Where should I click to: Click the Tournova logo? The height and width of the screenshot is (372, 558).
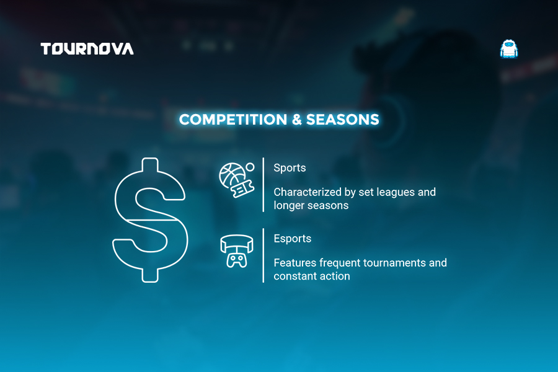87,49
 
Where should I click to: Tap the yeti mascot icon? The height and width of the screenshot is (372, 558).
509,49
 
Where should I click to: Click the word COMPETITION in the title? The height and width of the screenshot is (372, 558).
233,120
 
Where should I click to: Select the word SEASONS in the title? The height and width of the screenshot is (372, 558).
343,120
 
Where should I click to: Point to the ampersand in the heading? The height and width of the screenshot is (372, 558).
296,120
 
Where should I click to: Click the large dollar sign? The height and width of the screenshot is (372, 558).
150,220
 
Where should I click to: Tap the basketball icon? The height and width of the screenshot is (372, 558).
232,175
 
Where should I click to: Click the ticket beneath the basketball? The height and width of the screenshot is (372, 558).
242,188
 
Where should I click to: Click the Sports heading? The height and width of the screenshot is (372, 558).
290,168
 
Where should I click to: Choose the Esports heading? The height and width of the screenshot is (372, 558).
293,239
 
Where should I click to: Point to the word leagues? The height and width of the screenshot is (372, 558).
396,193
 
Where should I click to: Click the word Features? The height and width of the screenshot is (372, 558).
295,263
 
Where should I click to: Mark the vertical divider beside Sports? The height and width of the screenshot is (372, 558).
263,185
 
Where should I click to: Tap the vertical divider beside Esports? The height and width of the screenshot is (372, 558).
263,255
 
